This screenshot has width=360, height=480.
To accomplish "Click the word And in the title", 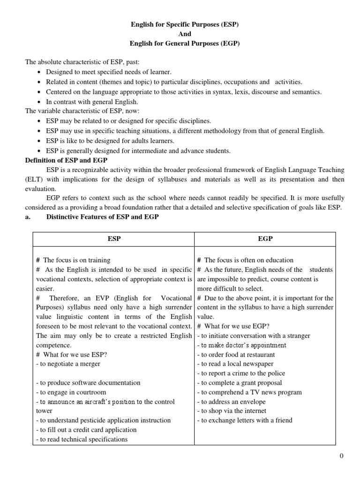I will pyautogui.click(x=185, y=34).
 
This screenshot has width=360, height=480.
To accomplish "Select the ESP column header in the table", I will pyautogui.click(x=114, y=239).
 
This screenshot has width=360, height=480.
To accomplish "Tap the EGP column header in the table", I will pyautogui.click(x=265, y=239).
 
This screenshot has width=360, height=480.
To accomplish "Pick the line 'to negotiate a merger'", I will pyautogui.click(x=68, y=364).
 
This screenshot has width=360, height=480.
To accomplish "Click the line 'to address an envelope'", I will pyautogui.click(x=231, y=402).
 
